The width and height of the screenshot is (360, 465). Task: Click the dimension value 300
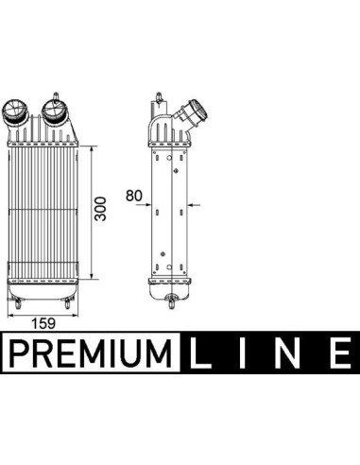pos(101,209)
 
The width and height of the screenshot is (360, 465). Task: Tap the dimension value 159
pos(43,323)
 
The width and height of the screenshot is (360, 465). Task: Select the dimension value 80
pos(134,196)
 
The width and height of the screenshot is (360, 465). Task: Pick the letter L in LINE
pos(200,353)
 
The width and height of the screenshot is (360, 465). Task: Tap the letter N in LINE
pos(287,353)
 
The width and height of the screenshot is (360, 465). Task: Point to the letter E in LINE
pos(340,353)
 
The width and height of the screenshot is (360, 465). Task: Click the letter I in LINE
pos(242,353)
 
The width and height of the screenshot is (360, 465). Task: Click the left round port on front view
pos(14,112)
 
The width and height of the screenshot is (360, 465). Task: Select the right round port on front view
pos(54,111)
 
